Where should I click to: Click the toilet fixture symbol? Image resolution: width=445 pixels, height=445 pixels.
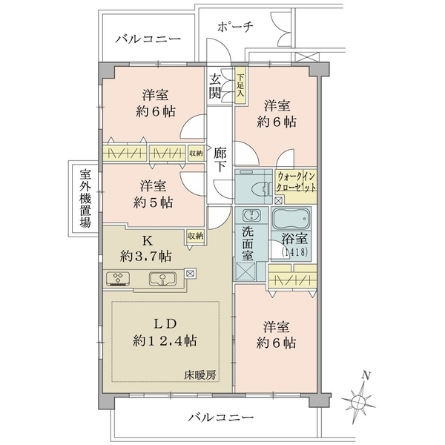pyautogui.click(x=260, y=188)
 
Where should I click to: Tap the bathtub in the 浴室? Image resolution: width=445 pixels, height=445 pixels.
pyautogui.click(x=291, y=219)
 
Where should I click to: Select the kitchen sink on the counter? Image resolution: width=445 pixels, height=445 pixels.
pyautogui.click(x=162, y=279)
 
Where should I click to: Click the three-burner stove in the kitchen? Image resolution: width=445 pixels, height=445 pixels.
pyautogui.click(x=118, y=279)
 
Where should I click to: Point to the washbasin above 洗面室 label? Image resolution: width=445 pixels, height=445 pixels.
pyautogui.click(x=251, y=215)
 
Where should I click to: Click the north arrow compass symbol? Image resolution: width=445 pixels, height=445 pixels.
pyautogui.click(x=358, y=398)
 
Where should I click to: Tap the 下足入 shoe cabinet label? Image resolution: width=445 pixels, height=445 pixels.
pyautogui.click(x=240, y=85)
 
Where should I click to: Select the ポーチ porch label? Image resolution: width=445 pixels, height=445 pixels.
pyautogui.click(x=235, y=27)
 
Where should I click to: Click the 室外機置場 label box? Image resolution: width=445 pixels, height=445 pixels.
pyautogui.click(x=85, y=198)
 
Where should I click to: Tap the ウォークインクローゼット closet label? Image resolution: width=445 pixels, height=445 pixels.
pyautogui.click(x=296, y=182)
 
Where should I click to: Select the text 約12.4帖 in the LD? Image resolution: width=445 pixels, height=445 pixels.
pyautogui.click(x=165, y=340)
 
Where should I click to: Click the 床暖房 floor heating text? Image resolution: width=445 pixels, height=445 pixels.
pyautogui.click(x=200, y=375)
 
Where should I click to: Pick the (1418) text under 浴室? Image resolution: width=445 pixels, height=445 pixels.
pyautogui.click(x=294, y=251)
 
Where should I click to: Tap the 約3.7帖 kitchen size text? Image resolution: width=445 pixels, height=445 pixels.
pyautogui.click(x=145, y=257)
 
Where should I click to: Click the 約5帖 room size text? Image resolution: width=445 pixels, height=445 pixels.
pyautogui.click(x=153, y=202)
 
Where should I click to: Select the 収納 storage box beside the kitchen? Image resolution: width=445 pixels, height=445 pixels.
pyautogui.click(x=196, y=237)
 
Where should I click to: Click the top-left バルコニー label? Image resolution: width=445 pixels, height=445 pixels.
pyautogui.click(x=148, y=39)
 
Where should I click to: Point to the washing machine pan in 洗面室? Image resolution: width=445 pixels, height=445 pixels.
pyautogui.click(x=245, y=271)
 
